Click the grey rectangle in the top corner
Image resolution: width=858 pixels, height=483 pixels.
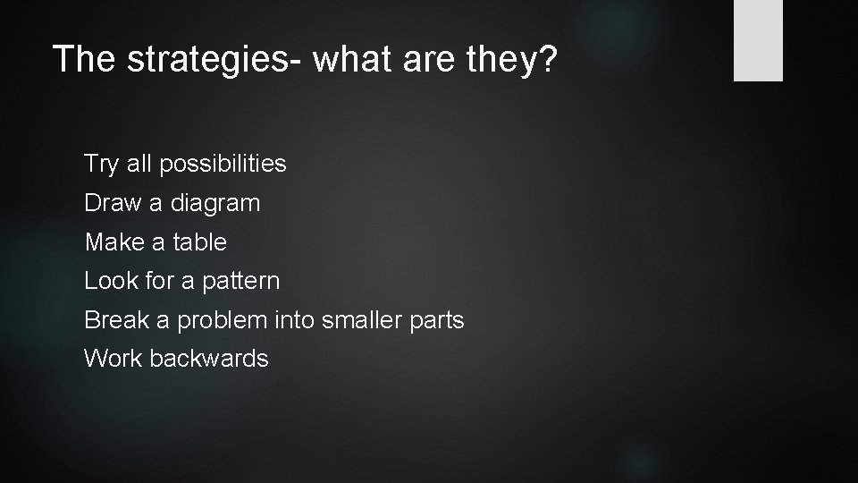tap(758, 40)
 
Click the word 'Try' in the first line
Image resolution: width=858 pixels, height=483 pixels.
tap(102, 165)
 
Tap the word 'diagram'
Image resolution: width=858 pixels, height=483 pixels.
tap(215, 204)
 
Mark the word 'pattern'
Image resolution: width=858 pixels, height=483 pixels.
tap(241, 282)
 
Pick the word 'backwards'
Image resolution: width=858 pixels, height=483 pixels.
tap(209, 359)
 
